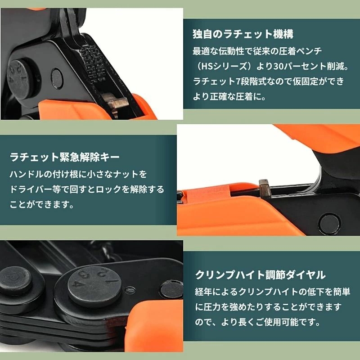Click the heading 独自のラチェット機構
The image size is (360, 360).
point(243,34)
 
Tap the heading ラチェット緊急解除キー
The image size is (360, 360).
point(65,157)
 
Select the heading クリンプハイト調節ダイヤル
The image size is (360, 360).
point(261,274)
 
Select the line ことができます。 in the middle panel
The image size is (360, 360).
point(42,204)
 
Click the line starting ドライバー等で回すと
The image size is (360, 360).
point(87,189)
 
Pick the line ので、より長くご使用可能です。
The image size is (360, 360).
point(257,322)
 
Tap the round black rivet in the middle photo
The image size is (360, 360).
point(329,223)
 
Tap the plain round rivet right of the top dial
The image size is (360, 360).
point(57,77)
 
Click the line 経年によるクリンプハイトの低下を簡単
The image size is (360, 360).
point(273,292)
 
